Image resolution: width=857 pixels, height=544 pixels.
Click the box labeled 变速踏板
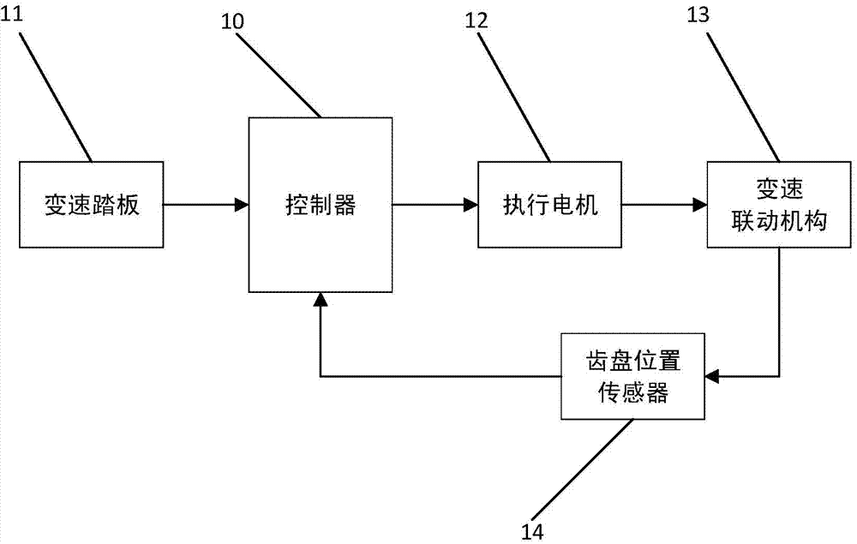[x=91, y=205]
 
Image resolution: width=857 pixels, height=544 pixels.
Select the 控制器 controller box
[x=320, y=205]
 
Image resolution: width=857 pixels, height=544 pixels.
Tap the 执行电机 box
[x=549, y=205]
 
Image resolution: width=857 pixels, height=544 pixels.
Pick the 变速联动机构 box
[x=779, y=205]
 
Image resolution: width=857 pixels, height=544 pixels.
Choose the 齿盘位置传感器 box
[x=632, y=375]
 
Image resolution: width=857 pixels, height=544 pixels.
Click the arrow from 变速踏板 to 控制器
[x=206, y=205]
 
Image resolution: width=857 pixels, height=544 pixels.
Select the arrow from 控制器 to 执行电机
[x=434, y=205]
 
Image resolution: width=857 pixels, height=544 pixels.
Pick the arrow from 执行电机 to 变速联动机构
[x=663, y=205]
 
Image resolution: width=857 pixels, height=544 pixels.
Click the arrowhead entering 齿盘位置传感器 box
[x=710, y=375]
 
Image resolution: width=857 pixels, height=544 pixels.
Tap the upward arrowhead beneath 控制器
[x=320, y=299]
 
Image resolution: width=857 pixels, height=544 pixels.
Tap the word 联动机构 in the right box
[x=779, y=221]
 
